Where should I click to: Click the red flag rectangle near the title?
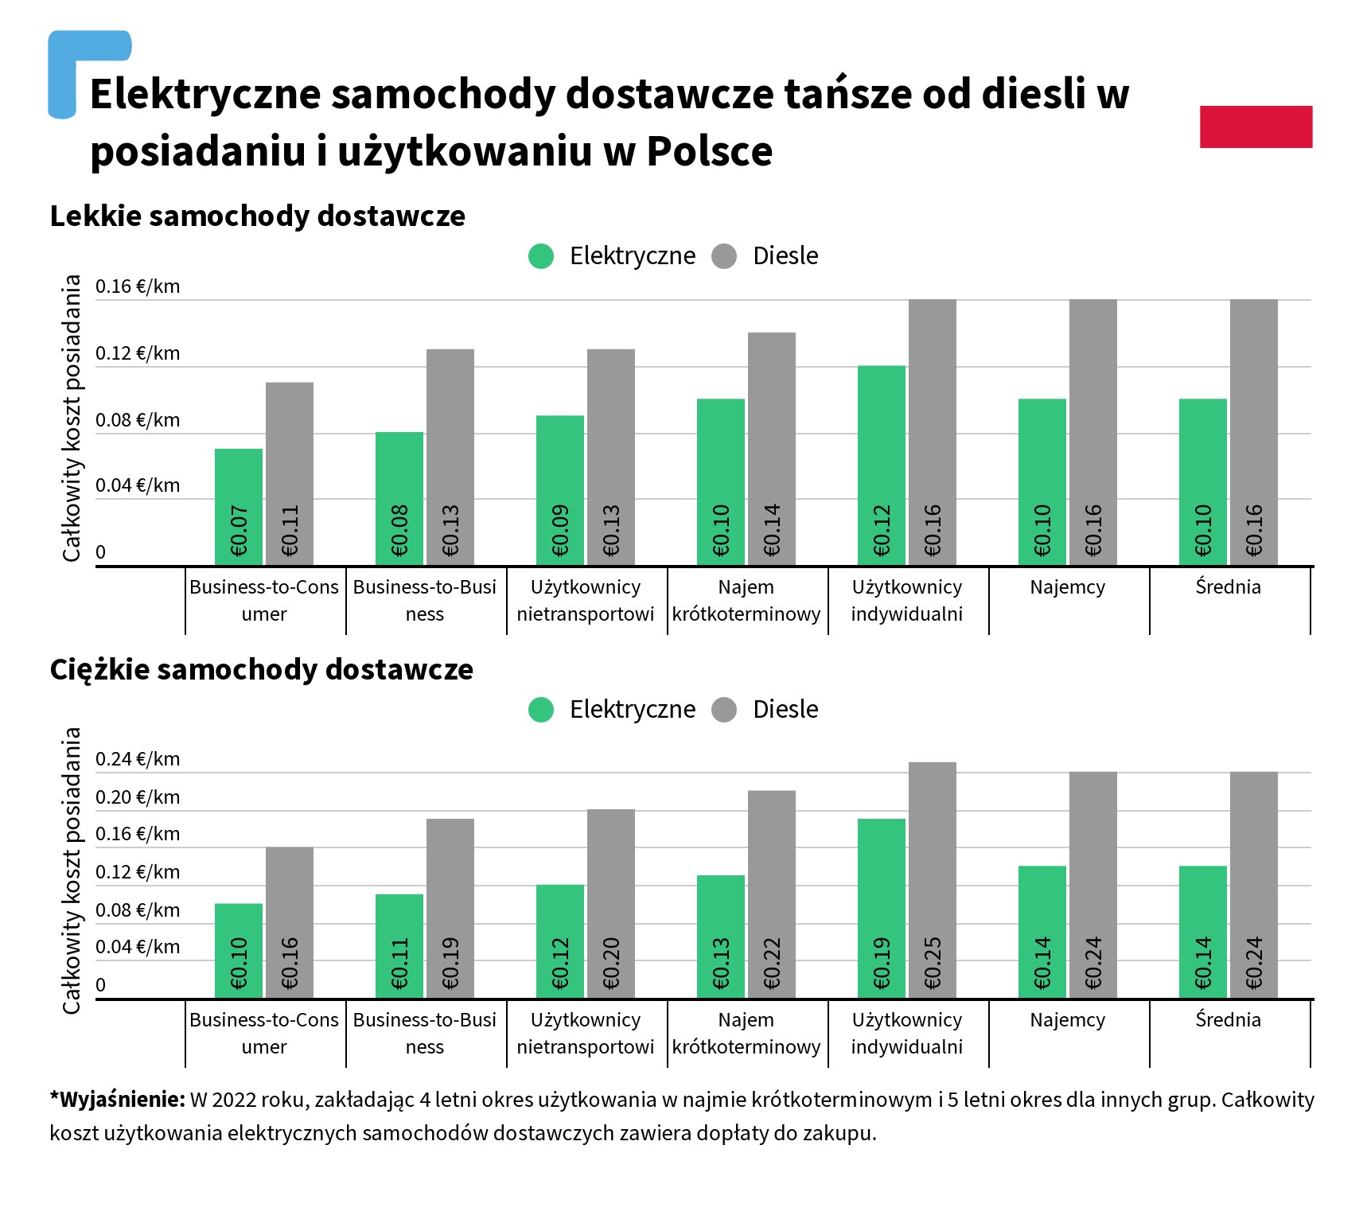point(1256,127)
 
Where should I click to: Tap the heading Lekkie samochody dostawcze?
point(257,216)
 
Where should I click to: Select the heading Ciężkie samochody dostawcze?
point(261,670)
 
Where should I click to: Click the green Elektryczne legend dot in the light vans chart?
point(541,256)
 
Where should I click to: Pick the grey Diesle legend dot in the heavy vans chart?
point(724,710)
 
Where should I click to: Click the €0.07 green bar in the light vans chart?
point(239,507)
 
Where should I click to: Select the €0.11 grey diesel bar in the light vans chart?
point(290,474)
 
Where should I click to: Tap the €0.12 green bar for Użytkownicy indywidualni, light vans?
point(882,465)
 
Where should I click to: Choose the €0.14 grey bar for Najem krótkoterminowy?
point(772,449)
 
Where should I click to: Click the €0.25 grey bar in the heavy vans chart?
point(933,879)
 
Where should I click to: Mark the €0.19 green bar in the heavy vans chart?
point(882,908)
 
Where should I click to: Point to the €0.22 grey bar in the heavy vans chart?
point(772,894)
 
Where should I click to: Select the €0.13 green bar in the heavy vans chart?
point(721,936)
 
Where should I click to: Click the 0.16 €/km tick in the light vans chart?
point(138,286)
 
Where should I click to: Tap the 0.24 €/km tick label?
point(138,759)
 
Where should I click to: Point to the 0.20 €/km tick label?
point(138,797)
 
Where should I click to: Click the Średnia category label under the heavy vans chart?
point(1228,1020)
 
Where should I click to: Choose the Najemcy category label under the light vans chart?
point(1067,587)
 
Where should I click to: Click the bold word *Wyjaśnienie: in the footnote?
point(117,1100)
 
